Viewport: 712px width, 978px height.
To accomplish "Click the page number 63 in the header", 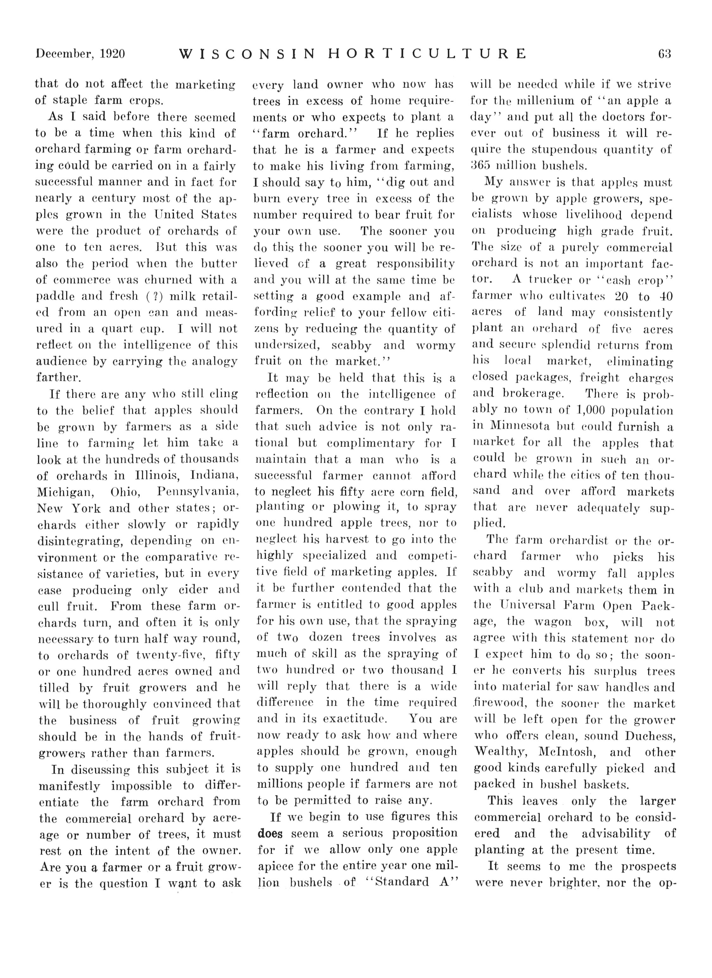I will tap(665, 54).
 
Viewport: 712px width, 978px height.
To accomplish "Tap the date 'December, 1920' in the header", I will tap(81, 54).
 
